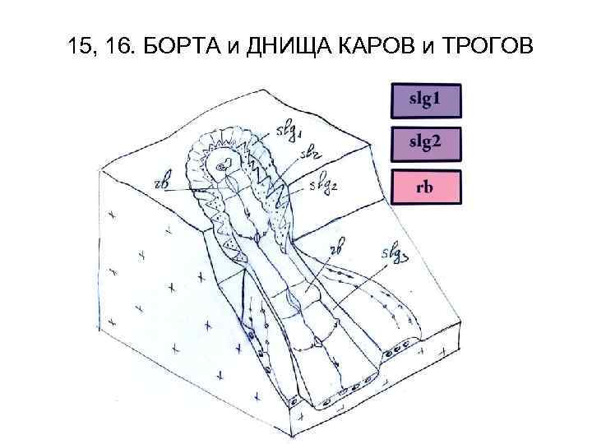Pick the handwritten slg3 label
395,254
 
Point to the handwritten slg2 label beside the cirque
323,186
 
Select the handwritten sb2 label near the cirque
311,154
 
